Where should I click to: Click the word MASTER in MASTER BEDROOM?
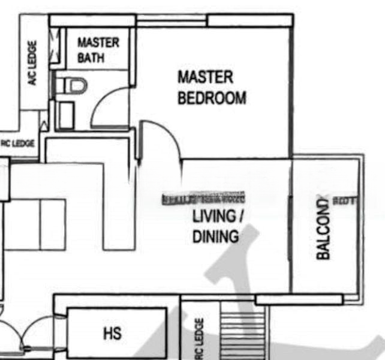coord(205,77)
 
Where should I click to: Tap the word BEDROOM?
coord(212,98)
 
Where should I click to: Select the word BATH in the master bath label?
coord(91,58)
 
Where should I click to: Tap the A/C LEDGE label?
coord(33,63)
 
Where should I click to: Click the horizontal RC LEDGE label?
coord(18,144)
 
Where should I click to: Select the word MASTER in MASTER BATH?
coord(98,43)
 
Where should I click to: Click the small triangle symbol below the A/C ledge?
coord(43,125)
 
